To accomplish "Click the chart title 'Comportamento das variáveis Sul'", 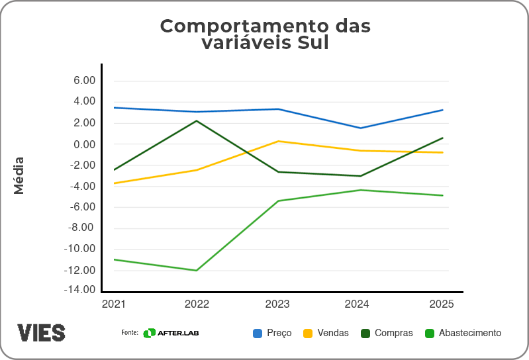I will pyautogui.click(x=265, y=34).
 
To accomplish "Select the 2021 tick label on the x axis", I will pyautogui.click(x=114, y=304).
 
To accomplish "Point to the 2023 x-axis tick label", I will pyautogui.click(x=278, y=304).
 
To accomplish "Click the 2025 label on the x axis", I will pyautogui.click(x=442, y=304).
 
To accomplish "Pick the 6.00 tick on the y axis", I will pyautogui.click(x=84, y=80).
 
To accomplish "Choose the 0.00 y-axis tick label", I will pyautogui.click(x=84, y=144).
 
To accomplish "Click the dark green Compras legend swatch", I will pyautogui.click(x=365, y=333).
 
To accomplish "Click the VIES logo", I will pyautogui.click(x=41, y=332).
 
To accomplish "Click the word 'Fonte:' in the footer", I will pyautogui.click(x=129, y=332).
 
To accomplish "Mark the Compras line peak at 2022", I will pyautogui.click(x=197, y=120).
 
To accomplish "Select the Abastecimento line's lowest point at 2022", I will pyautogui.click(x=197, y=270).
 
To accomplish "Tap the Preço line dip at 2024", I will pyautogui.click(x=360, y=128).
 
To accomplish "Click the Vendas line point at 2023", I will pyautogui.click(x=278, y=141).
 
